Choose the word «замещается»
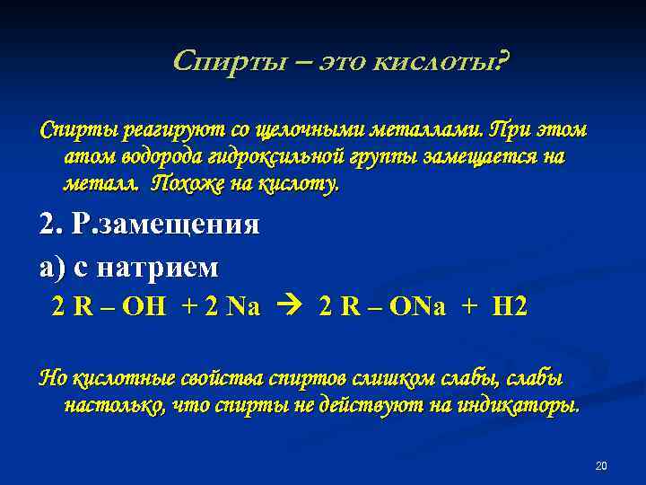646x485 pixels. (467, 158)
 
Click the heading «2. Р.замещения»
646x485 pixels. (150, 225)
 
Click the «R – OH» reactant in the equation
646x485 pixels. (121, 307)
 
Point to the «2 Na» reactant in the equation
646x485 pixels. (232, 307)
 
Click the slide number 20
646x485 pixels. (601, 465)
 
